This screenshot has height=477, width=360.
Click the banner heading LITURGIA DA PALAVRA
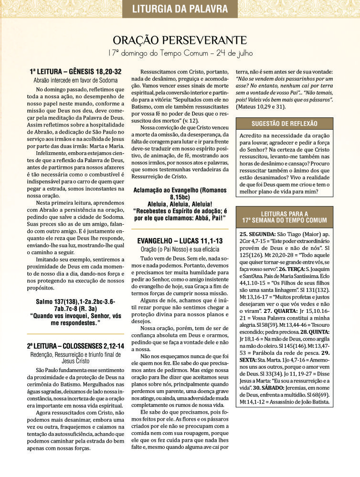(x=180, y=9)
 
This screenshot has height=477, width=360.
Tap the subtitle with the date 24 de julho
(x=180, y=52)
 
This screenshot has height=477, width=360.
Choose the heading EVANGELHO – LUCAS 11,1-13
(x=180, y=241)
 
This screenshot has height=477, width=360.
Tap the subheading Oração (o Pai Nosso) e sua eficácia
(x=180, y=249)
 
